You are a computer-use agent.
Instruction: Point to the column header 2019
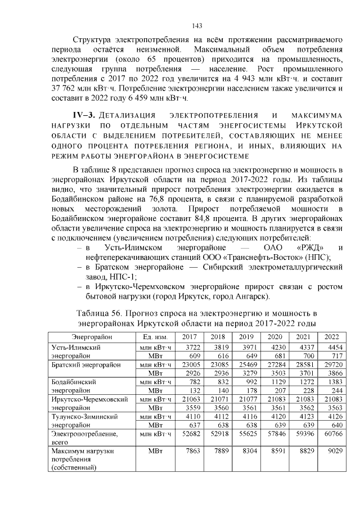(x=246, y=336)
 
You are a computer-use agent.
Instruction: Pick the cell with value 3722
(x=193, y=347)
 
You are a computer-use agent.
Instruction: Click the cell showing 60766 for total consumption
(x=330, y=434)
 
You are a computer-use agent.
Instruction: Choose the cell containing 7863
(x=193, y=451)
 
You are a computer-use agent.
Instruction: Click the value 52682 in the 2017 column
(x=192, y=434)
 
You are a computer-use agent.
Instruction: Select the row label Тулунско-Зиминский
(x=84, y=417)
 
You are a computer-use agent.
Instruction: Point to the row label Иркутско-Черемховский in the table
(x=88, y=399)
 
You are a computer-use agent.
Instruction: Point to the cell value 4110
(x=193, y=417)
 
